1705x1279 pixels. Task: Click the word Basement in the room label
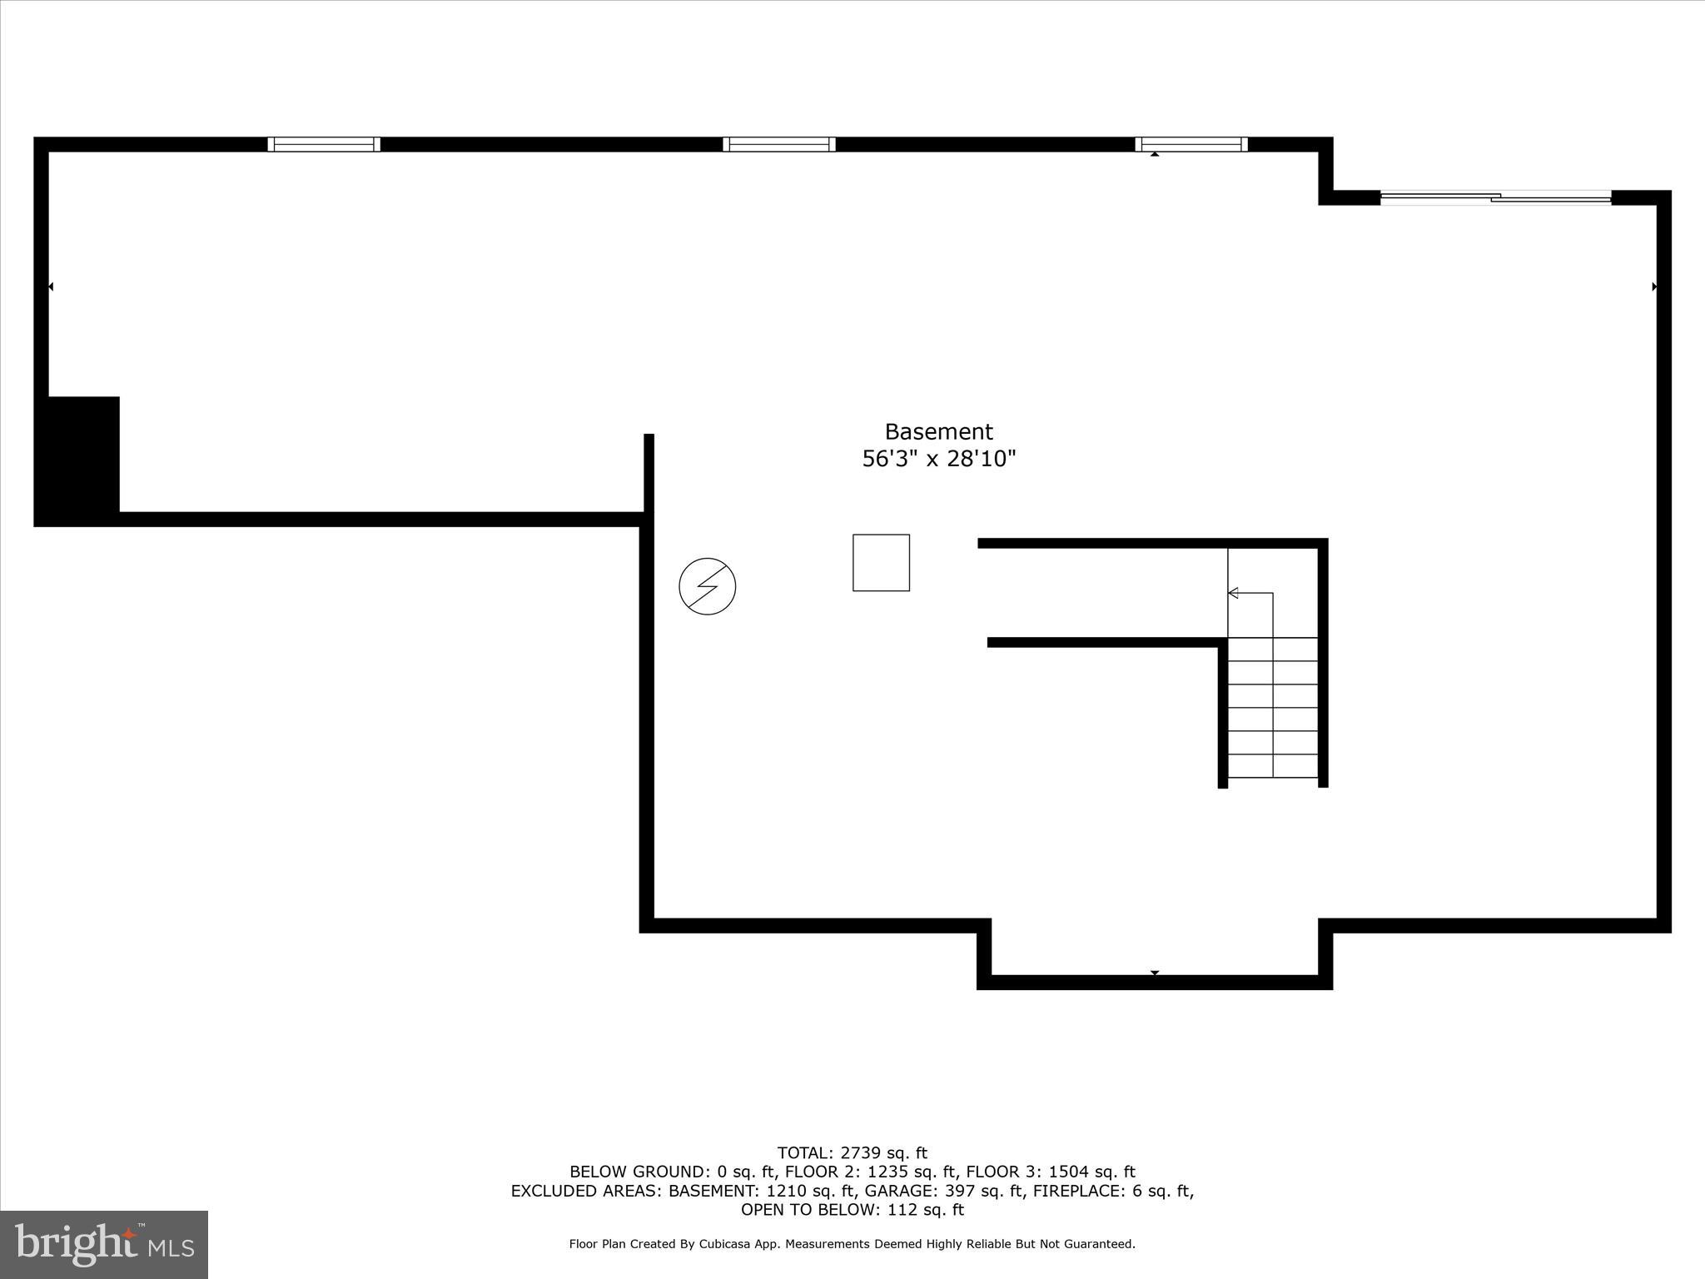[938, 431]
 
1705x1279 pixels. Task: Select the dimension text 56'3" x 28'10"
[938, 459]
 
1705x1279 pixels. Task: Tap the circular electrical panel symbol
[707, 586]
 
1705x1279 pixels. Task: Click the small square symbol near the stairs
[881, 563]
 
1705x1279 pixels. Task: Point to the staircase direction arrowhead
[1233, 593]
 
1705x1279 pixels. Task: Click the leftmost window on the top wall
[324, 144]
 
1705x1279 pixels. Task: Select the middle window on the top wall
[779, 144]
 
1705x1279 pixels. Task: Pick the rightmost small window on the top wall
[1191, 144]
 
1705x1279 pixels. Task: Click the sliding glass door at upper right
[1496, 198]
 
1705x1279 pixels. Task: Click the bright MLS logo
[104, 1245]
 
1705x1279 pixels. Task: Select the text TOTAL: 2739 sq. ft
[852, 1153]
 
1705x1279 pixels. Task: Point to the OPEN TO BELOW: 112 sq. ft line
[852, 1210]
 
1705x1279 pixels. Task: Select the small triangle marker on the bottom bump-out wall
[1155, 973]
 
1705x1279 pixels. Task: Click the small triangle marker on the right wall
[1654, 287]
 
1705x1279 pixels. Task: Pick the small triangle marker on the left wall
[51, 287]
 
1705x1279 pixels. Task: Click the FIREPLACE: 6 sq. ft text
[1112, 1191]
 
